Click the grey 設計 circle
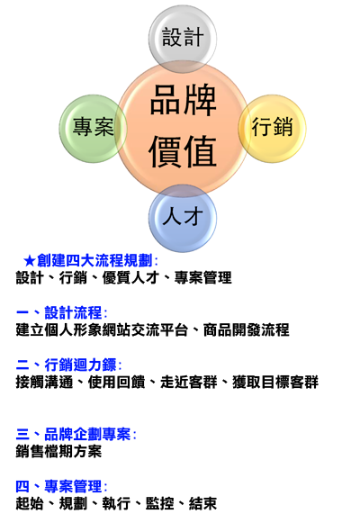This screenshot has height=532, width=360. (183, 39)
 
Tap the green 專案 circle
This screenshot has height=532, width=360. (94, 129)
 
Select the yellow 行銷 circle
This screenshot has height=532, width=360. (272, 129)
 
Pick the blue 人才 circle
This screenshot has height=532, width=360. (183, 218)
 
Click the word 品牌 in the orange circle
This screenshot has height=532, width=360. (183, 101)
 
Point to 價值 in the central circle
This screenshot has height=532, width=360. (183, 151)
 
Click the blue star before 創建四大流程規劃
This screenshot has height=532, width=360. (30, 261)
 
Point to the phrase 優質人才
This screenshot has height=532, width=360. (130, 278)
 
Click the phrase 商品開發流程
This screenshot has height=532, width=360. (247, 330)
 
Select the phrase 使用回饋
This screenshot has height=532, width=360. (116, 383)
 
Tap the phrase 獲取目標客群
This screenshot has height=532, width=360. (275, 383)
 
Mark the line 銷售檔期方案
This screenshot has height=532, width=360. (58, 452)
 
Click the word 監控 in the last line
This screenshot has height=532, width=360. (160, 504)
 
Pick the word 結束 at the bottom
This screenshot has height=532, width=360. (202, 504)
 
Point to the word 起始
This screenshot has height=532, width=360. (30, 504)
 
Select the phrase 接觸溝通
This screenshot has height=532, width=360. (44, 383)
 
